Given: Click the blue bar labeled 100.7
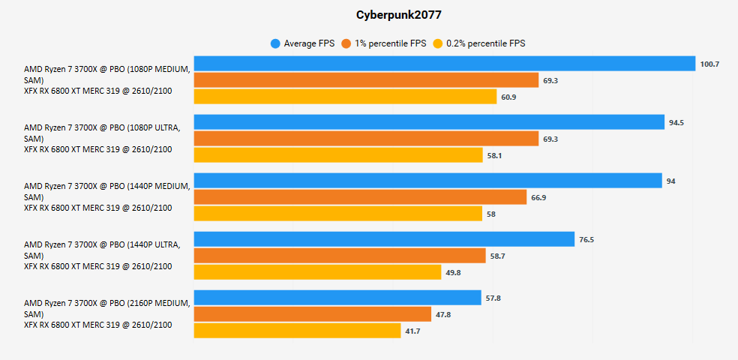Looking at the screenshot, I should tap(444, 64).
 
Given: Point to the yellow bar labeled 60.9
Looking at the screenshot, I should tap(345, 97).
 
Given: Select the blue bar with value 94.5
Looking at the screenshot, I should tap(429, 122).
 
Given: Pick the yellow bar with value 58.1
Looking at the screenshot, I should tap(338, 155).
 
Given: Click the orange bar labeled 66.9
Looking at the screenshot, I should tap(360, 197).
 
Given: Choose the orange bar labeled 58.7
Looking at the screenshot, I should tap(340, 256).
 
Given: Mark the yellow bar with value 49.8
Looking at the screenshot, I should tap(317, 272).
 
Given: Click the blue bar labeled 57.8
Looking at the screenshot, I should tap(337, 298).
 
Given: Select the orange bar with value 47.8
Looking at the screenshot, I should tap(313, 314).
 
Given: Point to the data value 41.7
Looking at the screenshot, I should tap(412, 331).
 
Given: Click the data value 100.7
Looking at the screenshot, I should tap(709, 64).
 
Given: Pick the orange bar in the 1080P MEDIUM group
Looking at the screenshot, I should tap(366, 80).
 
